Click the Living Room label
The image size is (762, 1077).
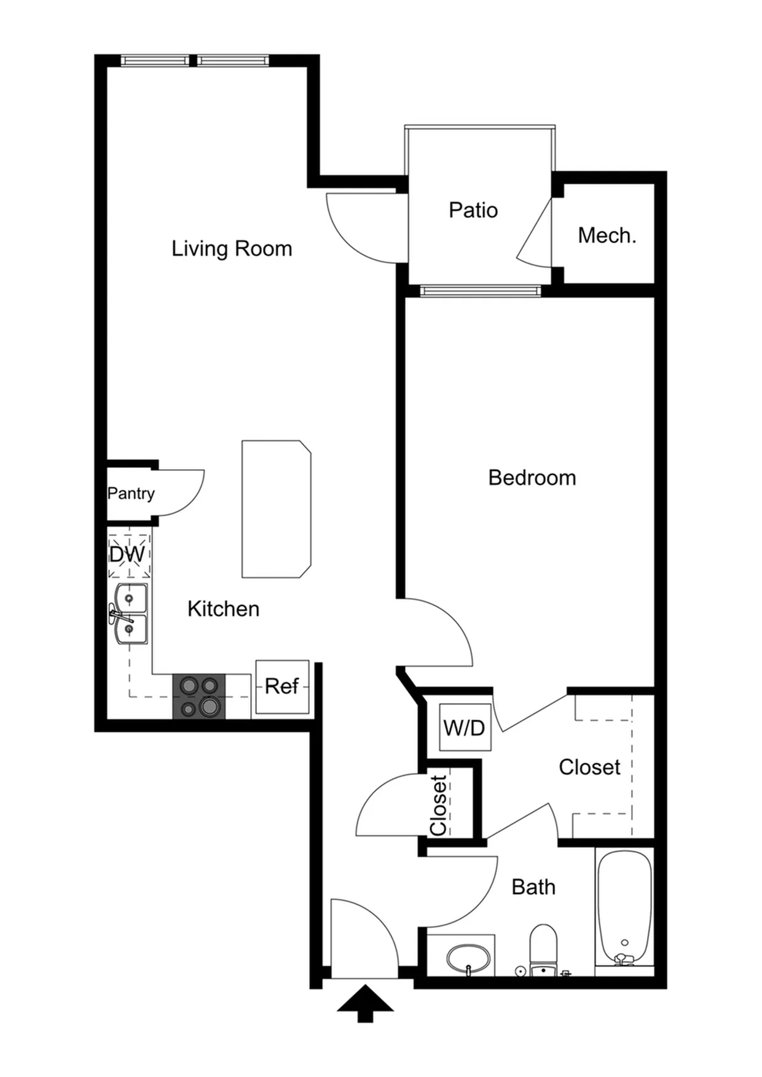pos(232,249)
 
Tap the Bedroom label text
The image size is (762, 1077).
pos(532,478)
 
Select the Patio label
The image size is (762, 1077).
pos(473,210)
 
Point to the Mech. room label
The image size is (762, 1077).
pos(607,235)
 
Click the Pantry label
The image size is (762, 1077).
pos(131,494)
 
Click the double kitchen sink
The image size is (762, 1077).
pos(129,613)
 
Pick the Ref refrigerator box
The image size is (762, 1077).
pos(282,686)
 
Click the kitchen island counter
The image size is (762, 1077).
pos(277,509)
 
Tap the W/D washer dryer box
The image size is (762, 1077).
pos(465,728)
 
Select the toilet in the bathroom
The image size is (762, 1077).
pos(543,950)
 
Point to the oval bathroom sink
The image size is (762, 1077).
pos(468,957)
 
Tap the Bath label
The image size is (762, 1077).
pos(533,887)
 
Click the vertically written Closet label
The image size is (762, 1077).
pos(438,805)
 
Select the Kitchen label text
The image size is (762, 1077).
pos(223,609)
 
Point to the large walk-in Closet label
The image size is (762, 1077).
pos(589,767)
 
